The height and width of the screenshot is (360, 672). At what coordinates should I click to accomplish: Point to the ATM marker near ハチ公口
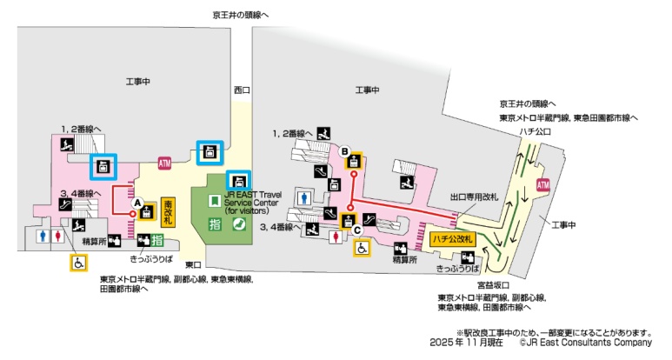543,185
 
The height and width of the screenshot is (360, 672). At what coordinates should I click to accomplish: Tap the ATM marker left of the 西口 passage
165,163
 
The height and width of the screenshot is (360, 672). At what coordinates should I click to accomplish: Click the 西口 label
242,90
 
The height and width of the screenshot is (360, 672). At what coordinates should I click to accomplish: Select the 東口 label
193,263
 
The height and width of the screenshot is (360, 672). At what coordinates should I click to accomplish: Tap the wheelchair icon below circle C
362,247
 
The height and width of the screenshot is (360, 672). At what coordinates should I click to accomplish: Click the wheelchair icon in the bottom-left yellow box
78,260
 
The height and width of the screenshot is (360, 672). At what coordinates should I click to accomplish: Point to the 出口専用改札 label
475,197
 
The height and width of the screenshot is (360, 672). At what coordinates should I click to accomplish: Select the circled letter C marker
356,230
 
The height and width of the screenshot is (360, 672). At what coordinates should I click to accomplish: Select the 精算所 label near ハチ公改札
403,259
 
